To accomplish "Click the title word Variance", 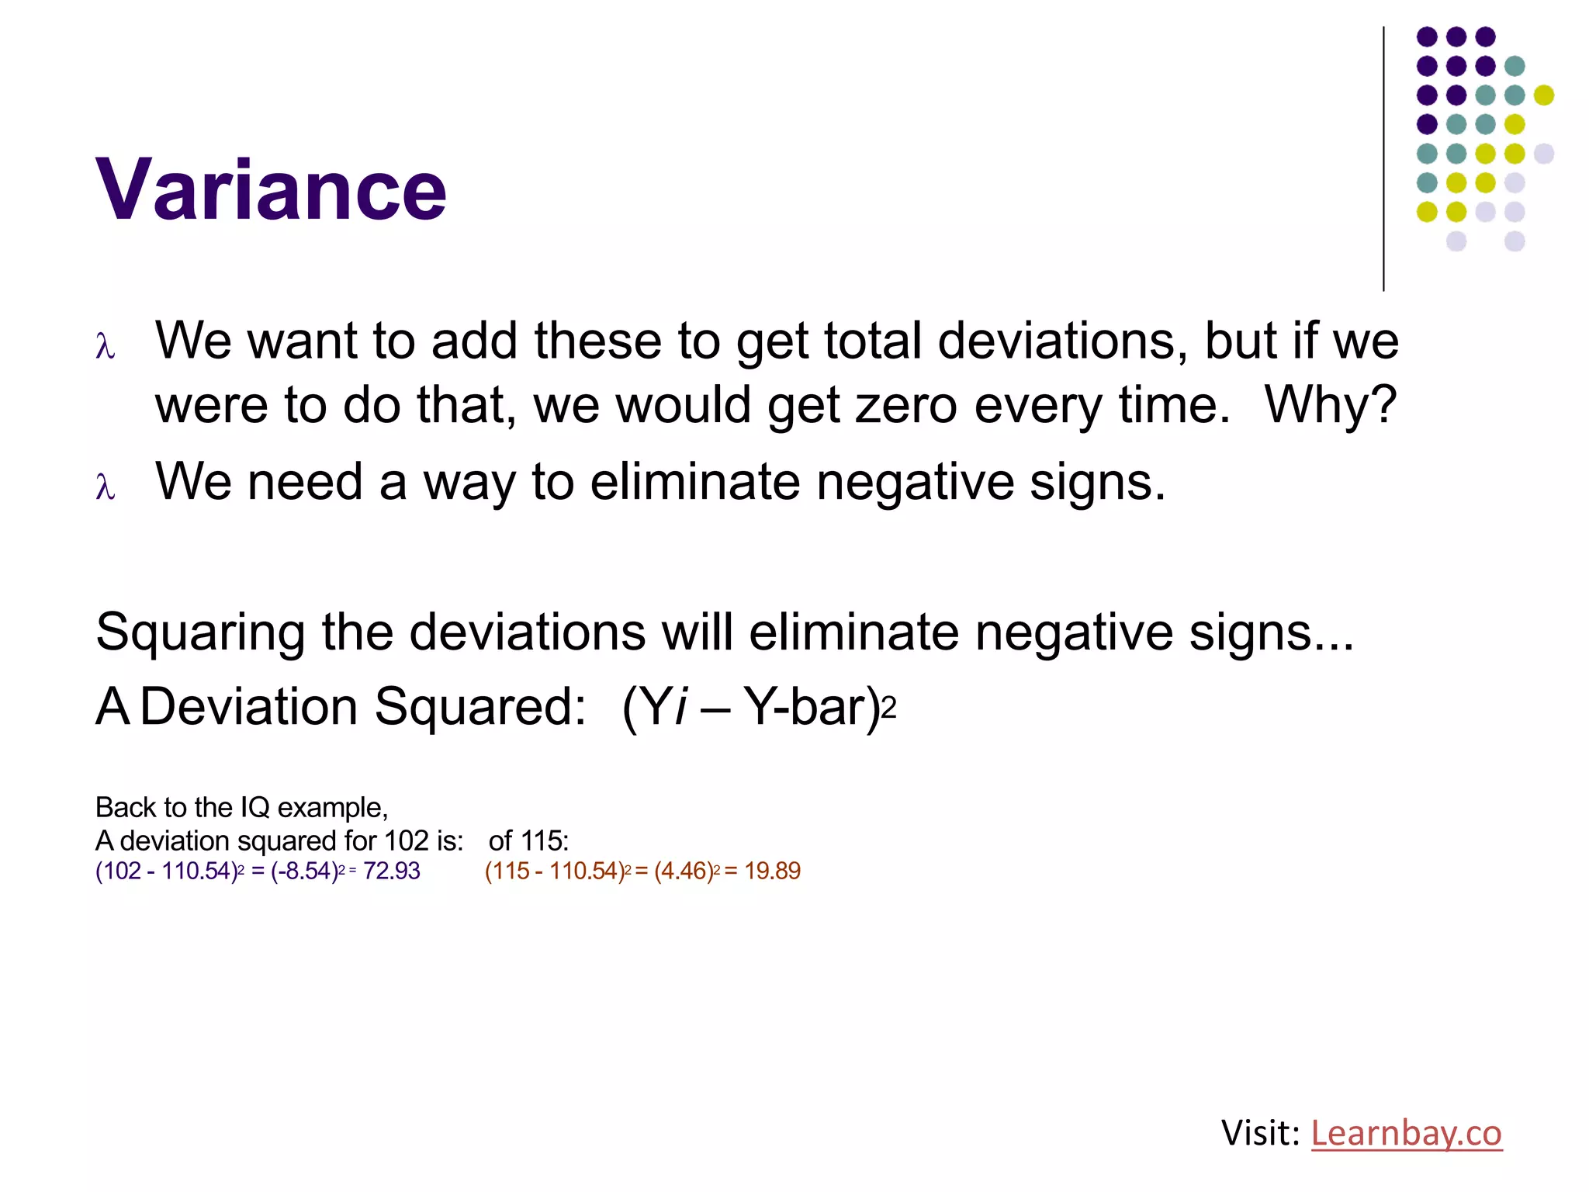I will click(x=271, y=190).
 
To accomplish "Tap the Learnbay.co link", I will click(x=1406, y=1133).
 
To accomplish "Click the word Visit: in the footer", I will click(x=1260, y=1133).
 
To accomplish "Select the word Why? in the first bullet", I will click(x=1330, y=405).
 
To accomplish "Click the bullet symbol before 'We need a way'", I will click(x=106, y=486).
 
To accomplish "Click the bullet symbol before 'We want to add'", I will click(x=106, y=345).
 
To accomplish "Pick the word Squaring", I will click(x=200, y=632).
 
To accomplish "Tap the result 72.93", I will click(x=392, y=871).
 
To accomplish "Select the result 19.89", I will click(x=772, y=871).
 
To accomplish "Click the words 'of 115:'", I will click(x=528, y=840).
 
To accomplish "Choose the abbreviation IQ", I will click(x=254, y=808).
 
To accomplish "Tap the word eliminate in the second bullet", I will click(x=694, y=482).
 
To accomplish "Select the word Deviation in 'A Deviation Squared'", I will click(x=248, y=706).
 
